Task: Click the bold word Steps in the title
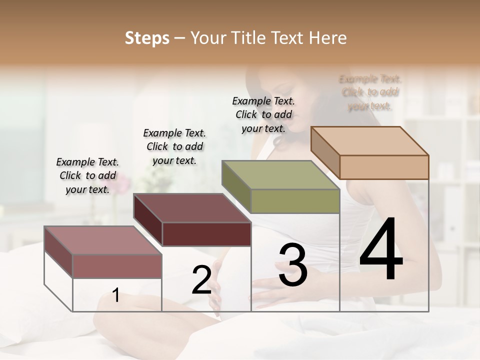(146, 38)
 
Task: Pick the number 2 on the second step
(201, 279)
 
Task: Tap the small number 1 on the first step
(116, 295)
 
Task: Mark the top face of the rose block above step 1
(103, 240)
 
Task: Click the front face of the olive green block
(295, 201)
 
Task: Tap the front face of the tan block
(384, 167)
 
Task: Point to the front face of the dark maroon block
(206, 234)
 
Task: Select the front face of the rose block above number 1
(117, 266)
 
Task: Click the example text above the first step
(87, 175)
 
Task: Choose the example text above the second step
(174, 146)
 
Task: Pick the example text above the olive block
(263, 114)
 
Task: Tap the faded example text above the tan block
(370, 92)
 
